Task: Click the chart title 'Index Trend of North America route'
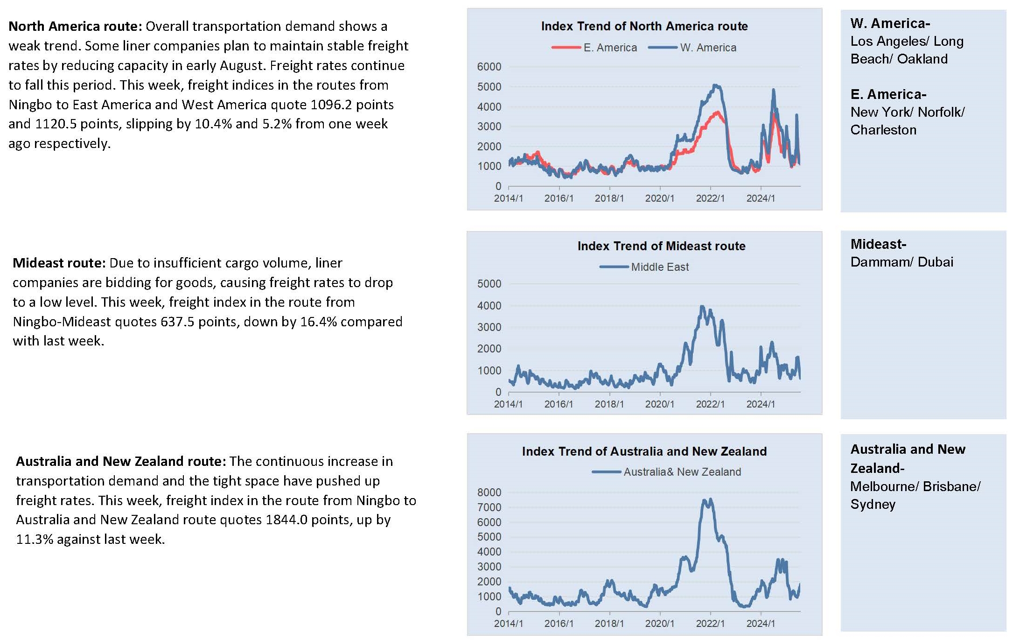point(644,26)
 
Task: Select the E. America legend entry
point(594,48)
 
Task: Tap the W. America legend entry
point(692,48)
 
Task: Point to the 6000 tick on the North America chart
point(489,67)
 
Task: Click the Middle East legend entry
point(644,267)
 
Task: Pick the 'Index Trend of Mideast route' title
point(661,246)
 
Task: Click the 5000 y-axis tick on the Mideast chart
point(489,284)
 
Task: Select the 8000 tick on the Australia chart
point(489,492)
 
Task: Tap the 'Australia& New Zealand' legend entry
point(666,472)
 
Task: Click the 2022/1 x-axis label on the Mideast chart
point(710,404)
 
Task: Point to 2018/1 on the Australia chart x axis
point(609,624)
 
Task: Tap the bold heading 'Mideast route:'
point(59,263)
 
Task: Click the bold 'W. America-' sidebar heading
point(890,23)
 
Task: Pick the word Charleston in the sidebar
point(883,130)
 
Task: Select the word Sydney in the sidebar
point(873,505)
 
